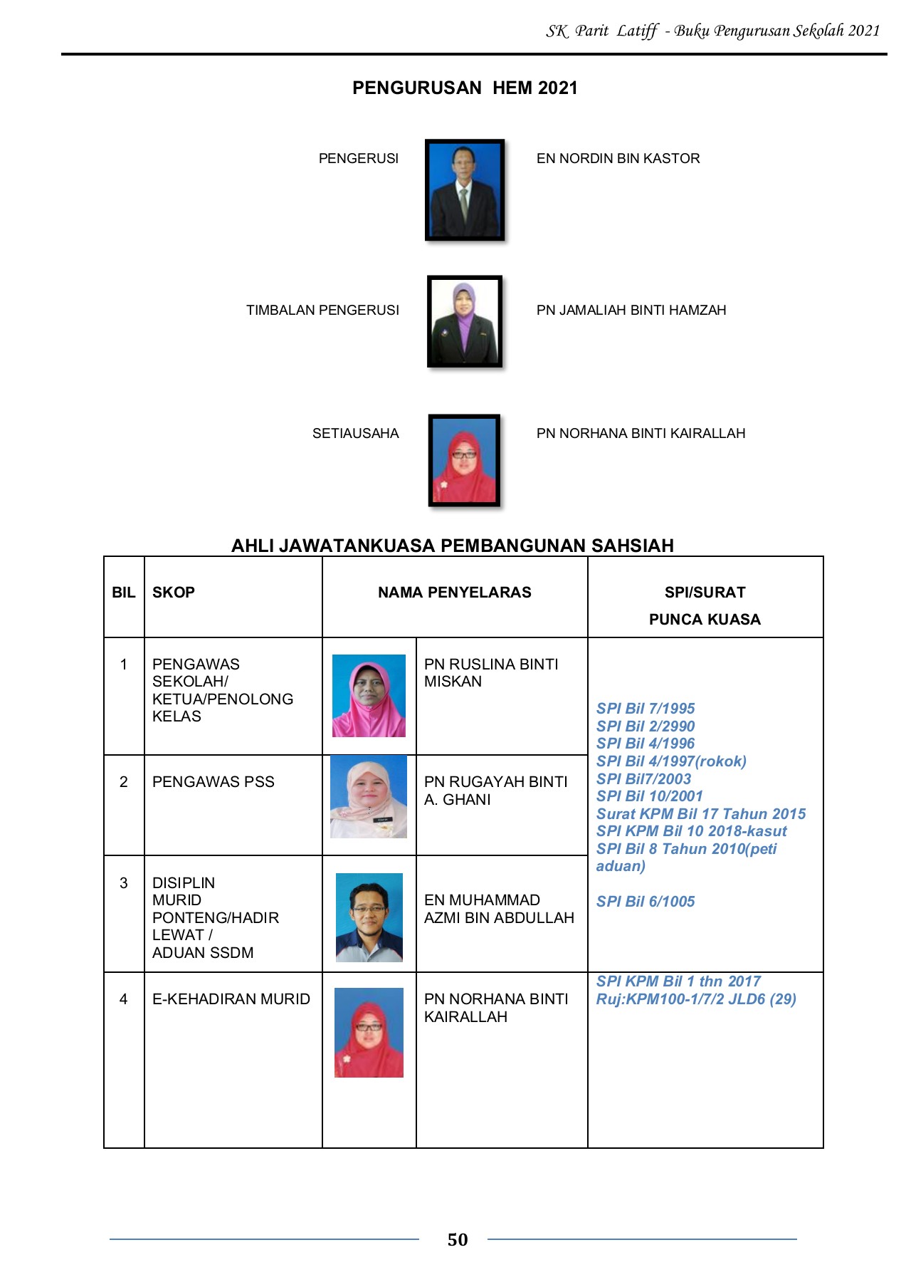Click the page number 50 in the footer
(457, 1240)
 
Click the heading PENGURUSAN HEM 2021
(465, 88)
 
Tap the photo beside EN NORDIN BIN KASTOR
(465, 189)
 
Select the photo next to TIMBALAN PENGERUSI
(465, 321)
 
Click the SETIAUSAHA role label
(355, 433)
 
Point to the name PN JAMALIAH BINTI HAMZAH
(631, 310)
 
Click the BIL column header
(123, 593)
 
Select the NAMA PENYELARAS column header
(454, 593)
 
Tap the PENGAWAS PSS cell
(213, 782)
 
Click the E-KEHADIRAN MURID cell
(231, 999)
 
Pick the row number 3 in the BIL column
(123, 883)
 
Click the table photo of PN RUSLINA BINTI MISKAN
(369, 696)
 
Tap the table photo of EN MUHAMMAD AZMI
(369, 917)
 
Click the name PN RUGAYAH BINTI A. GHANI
(495, 791)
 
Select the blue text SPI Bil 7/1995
(645, 709)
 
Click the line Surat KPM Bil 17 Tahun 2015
(700, 814)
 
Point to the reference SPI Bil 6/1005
(645, 902)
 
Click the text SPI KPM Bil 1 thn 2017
(678, 981)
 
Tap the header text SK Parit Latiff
(601, 31)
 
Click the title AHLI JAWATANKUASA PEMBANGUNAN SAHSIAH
(452, 546)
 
